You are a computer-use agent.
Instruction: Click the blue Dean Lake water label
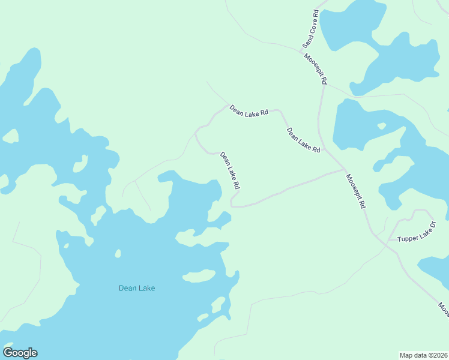point(137,288)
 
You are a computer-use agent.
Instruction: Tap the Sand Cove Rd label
point(310,29)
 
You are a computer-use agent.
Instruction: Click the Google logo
point(20,353)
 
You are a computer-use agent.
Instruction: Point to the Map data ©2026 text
point(424,355)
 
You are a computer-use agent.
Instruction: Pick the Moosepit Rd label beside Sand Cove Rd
point(316,69)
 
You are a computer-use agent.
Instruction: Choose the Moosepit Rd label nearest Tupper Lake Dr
point(355,191)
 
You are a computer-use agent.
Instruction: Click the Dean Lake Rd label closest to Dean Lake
point(230,171)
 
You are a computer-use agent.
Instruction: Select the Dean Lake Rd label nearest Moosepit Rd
point(303,140)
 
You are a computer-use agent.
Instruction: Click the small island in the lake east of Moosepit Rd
point(381,126)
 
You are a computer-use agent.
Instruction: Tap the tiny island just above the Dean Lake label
point(118,254)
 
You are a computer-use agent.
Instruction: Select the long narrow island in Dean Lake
point(199,276)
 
